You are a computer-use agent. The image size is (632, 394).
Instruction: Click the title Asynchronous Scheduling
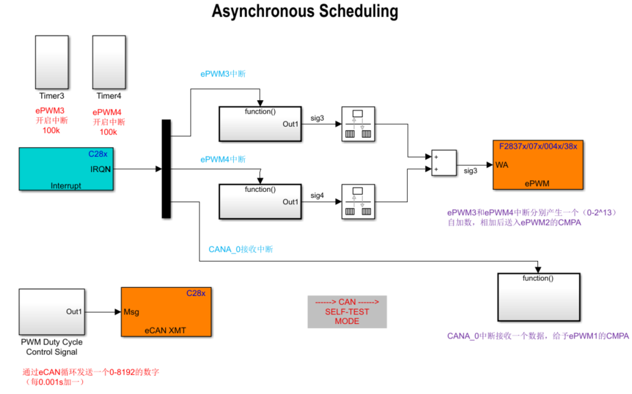pyautogui.click(x=304, y=12)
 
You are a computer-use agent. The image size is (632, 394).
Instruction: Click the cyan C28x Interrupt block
pyautogui.click(x=64, y=169)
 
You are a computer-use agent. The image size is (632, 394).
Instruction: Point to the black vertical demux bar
pyautogui.click(x=165, y=169)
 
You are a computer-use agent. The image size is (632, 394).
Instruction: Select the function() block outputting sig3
pyautogui.click(x=260, y=124)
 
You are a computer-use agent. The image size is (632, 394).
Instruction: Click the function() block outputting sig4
pyautogui.click(x=260, y=201)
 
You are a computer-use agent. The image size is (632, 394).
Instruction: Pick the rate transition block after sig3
pyautogui.click(x=357, y=124)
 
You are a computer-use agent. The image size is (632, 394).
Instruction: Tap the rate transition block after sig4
pyautogui.click(x=357, y=201)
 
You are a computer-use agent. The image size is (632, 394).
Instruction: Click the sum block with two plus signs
pyautogui.click(x=443, y=163)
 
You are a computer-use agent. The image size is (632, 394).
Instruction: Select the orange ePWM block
pyautogui.click(x=537, y=164)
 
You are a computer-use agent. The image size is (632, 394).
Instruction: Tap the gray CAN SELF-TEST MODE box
pyautogui.click(x=347, y=312)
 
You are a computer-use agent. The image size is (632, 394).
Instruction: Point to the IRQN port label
pyautogui.click(x=100, y=169)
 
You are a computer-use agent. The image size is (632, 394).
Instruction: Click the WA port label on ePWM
pyautogui.click(x=502, y=164)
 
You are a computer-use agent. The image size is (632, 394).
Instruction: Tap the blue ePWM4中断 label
pyautogui.click(x=223, y=160)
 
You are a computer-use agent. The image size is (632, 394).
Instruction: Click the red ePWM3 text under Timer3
pyautogui.click(x=50, y=110)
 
